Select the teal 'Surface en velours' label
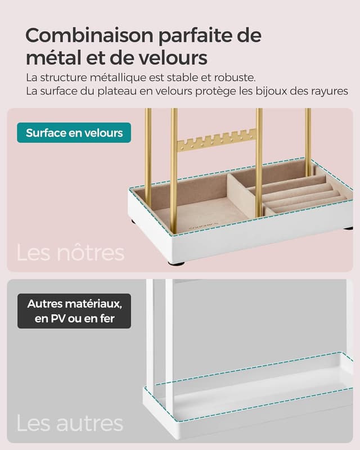pyautogui.click(x=74, y=133)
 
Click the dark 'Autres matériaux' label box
pyautogui.click(x=74, y=311)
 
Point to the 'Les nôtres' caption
pyautogui.click(x=70, y=253)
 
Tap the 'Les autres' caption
pyautogui.click(x=69, y=423)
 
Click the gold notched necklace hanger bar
pyautogui.click(x=217, y=139)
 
